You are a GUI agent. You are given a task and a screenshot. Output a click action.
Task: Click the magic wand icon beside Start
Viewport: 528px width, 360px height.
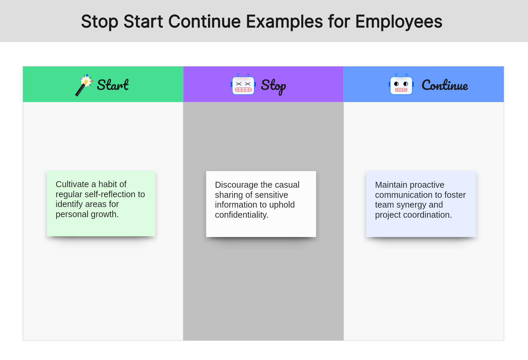click(84, 85)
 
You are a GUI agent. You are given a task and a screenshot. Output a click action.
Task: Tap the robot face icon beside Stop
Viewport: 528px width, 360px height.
click(243, 84)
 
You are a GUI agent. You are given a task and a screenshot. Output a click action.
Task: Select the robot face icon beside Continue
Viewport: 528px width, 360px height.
click(401, 84)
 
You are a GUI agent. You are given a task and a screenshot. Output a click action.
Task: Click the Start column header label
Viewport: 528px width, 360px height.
click(113, 85)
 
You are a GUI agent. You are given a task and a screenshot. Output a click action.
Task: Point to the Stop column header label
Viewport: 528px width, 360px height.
click(273, 86)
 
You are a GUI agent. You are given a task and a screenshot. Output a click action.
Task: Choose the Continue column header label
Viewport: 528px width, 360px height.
click(445, 85)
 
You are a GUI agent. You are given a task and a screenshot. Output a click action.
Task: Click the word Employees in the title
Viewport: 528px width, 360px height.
click(399, 22)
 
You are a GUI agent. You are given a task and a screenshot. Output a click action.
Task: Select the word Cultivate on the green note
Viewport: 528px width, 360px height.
click(72, 184)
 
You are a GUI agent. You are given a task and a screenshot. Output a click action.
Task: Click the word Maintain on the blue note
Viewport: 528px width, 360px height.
click(391, 185)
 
